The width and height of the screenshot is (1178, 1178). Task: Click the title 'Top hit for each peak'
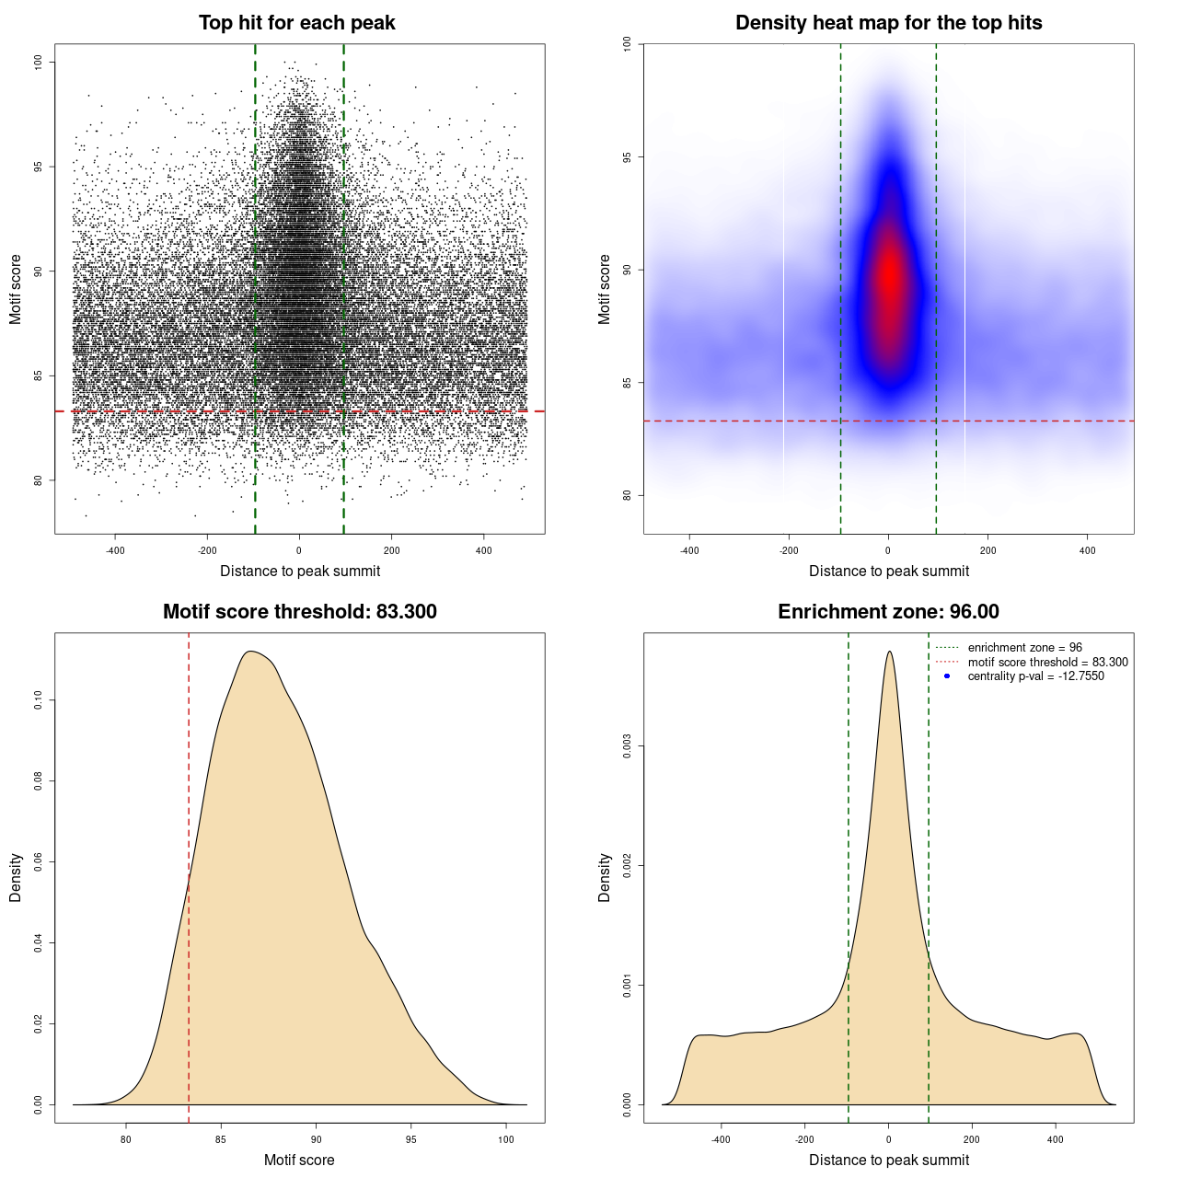click(297, 23)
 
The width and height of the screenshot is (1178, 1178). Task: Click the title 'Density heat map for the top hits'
click(888, 23)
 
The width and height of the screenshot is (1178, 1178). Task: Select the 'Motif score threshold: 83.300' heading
click(299, 612)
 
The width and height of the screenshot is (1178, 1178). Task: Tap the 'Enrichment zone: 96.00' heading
click(888, 612)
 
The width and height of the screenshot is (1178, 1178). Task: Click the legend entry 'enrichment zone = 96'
click(1024, 648)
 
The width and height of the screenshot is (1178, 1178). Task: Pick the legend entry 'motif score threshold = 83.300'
click(1047, 663)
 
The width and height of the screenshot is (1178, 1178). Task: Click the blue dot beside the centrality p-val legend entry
click(947, 676)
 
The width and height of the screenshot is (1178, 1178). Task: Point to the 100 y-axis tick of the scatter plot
click(39, 62)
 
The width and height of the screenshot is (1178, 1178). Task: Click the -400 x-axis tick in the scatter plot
click(115, 551)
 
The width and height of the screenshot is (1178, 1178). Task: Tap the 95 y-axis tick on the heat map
click(628, 157)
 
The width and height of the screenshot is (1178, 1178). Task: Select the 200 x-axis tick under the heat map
click(987, 551)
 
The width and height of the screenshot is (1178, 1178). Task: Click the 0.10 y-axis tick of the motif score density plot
click(39, 700)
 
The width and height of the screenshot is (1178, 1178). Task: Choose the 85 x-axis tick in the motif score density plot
click(221, 1139)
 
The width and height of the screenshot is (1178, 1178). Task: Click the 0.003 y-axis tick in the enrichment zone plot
click(628, 745)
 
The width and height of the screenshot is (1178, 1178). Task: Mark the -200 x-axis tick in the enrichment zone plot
click(804, 1139)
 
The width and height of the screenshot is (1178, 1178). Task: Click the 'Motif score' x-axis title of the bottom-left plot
click(299, 1161)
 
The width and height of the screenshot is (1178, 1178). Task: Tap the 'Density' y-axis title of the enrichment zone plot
click(605, 877)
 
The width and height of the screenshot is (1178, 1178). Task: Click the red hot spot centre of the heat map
click(890, 276)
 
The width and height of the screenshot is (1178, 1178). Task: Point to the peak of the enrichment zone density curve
click(889, 653)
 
